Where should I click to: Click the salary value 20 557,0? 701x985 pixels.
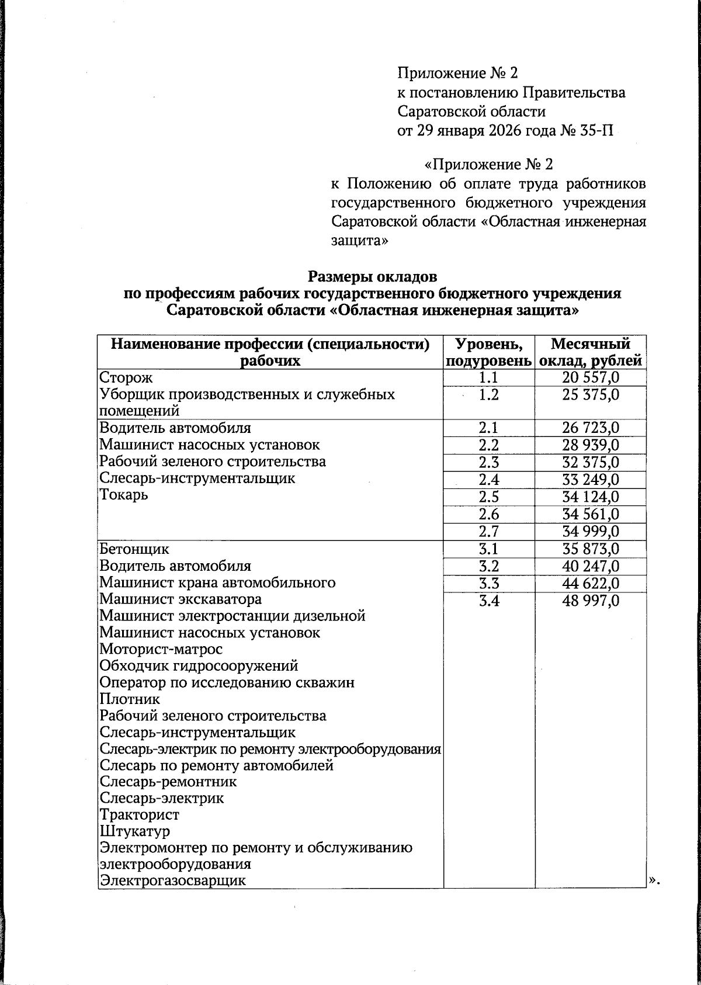[x=590, y=379]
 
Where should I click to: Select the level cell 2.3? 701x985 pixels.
[x=489, y=463]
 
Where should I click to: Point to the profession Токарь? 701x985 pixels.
[x=124, y=495]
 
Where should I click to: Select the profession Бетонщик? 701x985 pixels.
[x=134, y=549]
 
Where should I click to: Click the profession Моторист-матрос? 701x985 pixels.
[x=161, y=649]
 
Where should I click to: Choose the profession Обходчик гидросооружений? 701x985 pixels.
[x=199, y=666]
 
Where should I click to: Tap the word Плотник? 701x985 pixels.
[x=130, y=699]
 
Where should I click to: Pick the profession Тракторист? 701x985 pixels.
[x=140, y=815]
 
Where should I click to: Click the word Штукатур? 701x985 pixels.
[x=134, y=831]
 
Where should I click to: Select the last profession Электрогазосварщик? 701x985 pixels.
[x=172, y=881]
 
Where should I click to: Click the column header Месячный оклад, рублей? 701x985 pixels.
[x=590, y=352]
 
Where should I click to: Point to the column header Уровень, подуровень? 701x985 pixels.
[x=489, y=352]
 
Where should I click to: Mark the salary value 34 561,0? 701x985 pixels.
[x=590, y=515]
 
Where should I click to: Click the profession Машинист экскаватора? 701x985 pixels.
[x=181, y=599]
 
